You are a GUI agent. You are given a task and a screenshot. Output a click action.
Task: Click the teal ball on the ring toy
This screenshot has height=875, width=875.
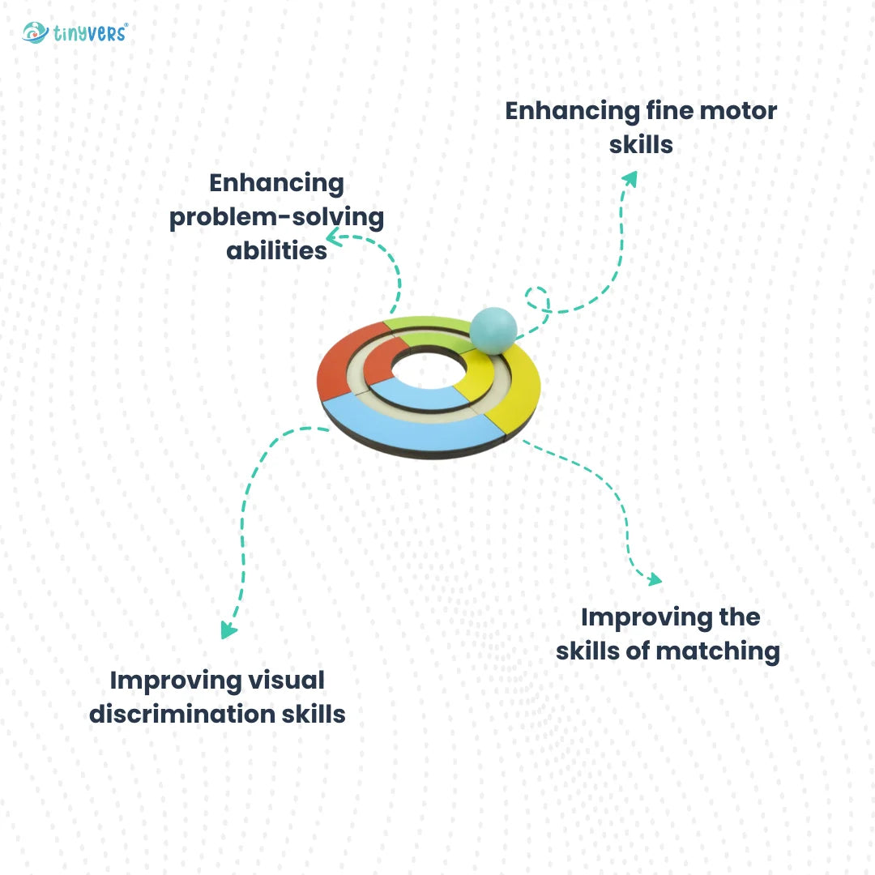493,330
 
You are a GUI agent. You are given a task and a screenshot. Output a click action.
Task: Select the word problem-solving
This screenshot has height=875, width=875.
276,217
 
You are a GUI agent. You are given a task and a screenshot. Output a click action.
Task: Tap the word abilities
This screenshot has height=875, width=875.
276,250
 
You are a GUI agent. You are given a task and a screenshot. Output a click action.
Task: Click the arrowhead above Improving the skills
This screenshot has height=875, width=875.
653,578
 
